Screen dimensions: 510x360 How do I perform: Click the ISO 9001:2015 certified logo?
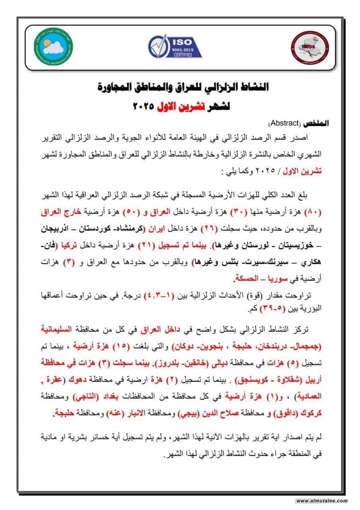(174, 47)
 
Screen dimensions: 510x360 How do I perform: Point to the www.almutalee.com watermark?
(322, 501)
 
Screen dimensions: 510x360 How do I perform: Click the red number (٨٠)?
(313, 211)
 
